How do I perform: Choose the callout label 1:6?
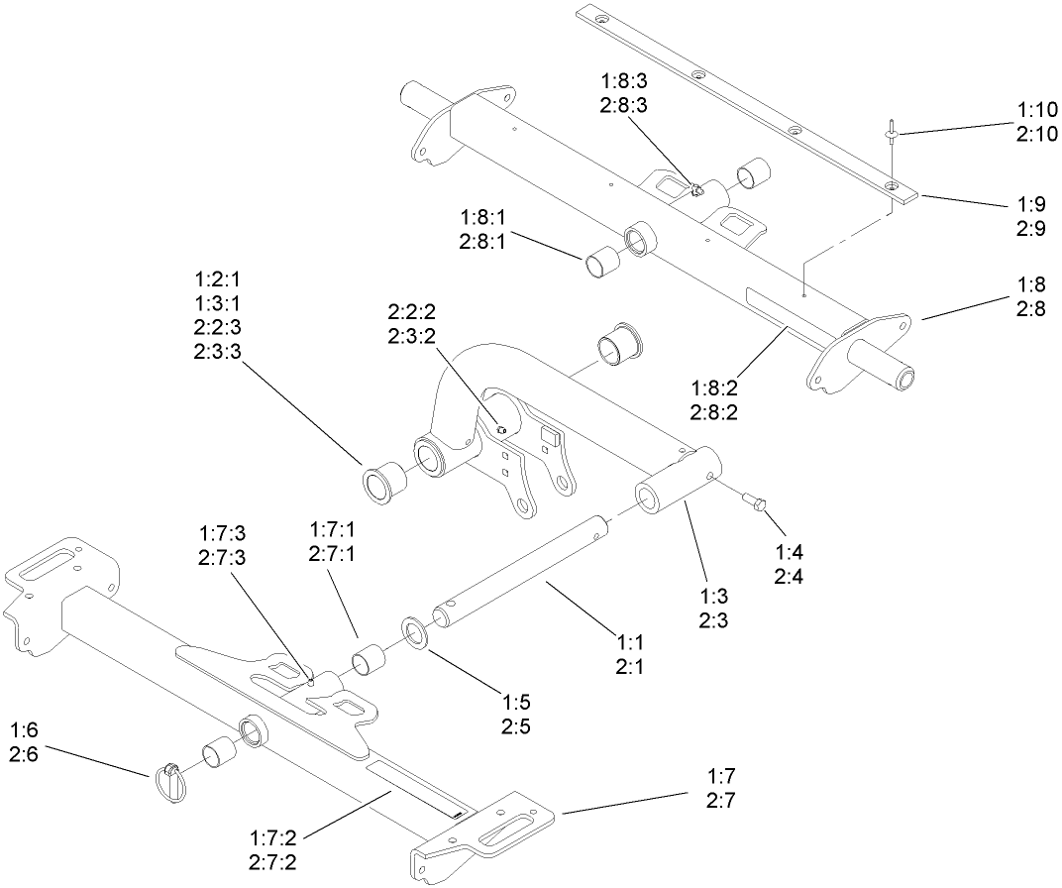pos(24,730)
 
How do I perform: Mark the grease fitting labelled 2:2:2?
pos(501,429)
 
